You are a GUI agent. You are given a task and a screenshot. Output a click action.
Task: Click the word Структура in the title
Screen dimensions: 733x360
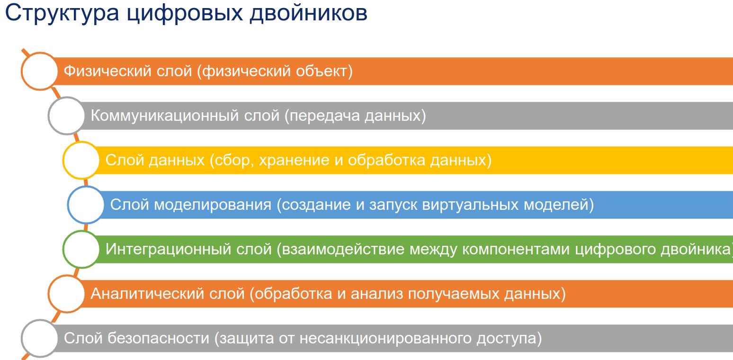[x=62, y=14]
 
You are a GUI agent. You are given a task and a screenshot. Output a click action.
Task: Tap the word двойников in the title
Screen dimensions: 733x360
[x=309, y=14]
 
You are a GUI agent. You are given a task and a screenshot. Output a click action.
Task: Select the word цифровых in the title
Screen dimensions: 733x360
[x=185, y=14]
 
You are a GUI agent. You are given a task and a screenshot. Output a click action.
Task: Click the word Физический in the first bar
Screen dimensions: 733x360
[x=107, y=72]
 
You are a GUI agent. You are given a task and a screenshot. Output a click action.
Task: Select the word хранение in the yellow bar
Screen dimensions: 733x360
[x=294, y=161]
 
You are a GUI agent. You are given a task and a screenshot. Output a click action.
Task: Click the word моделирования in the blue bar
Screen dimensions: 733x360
[x=213, y=205]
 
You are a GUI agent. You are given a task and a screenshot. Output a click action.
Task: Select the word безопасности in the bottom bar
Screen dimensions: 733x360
[x=158, y=338]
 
